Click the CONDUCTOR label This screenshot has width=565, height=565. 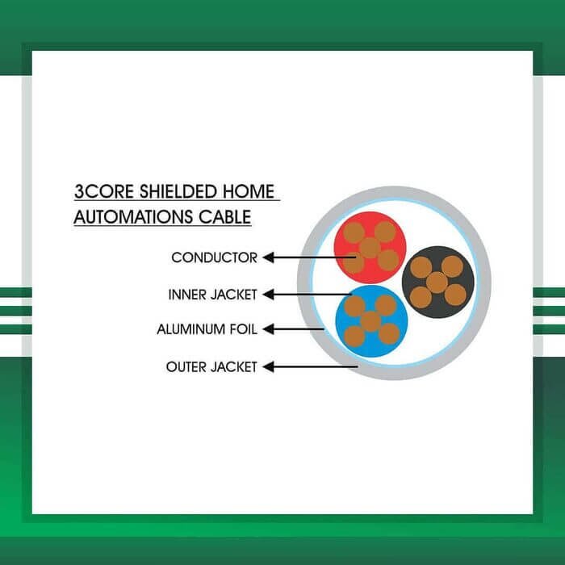214,258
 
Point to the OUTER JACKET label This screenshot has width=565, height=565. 211,367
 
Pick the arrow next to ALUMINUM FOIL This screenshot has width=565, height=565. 295,329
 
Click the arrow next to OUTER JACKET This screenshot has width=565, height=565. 312,367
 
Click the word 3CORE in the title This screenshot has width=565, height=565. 98,193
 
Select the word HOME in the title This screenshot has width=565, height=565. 249,193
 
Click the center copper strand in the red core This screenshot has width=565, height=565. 370,248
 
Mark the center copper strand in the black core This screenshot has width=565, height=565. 437,282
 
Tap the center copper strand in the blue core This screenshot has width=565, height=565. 370,321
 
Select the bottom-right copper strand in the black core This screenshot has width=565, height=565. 455,295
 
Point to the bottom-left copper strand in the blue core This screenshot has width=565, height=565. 354,335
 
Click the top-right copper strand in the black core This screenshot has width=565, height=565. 453,266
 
